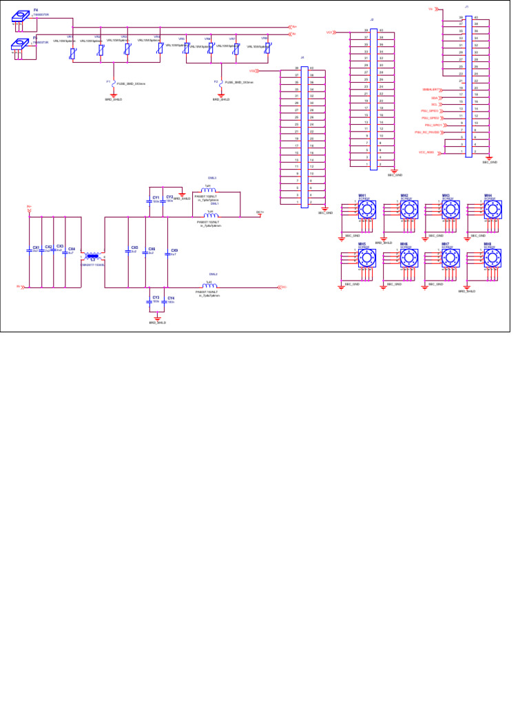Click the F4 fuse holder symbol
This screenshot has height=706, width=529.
pyautogui.click(x=21, y=18)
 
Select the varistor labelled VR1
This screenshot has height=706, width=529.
pyautogui.click(x=73, y=52)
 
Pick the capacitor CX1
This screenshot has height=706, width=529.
pyautogui.click(x=32, y=250)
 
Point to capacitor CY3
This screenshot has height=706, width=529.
pyautogui.click(x=149, y=301)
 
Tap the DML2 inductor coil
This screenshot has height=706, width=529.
pyautogui.click(x=209, y=285)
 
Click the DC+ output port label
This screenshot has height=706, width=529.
pyautogui.click(x=260, y=212)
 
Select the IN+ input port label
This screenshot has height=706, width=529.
pyautogui.click(x=29, y=206)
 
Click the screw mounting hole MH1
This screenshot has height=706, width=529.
pyautogui.click(x=364, y=209)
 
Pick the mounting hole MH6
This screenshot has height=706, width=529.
pyautogui.click(x=408, y=259)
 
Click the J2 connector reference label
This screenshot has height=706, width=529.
pyautogui.click(x=372, y=20)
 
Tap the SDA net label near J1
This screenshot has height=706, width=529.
pyautogui.click(x=435, y=98)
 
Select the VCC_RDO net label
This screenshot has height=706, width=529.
pyautogui.click(x=426, y=152)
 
